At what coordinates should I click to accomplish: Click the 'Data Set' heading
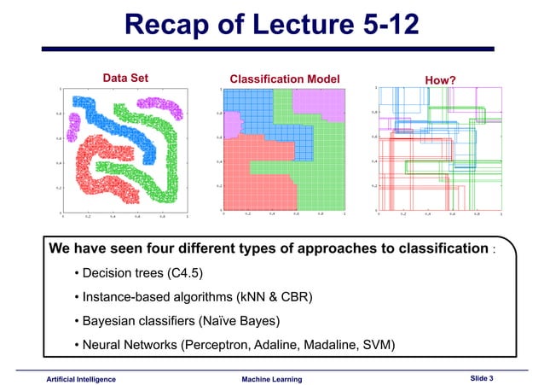[125, 79]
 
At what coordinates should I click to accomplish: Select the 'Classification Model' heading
[279, 79]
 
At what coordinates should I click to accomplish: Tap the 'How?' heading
[440, 80]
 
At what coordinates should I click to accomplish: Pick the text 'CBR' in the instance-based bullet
[295, 297]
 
